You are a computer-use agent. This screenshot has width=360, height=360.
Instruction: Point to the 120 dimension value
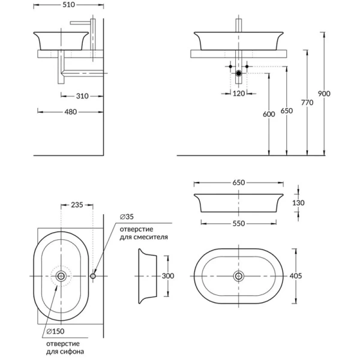click(239, 93)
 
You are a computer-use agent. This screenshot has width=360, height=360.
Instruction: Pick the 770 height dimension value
click(308, 103)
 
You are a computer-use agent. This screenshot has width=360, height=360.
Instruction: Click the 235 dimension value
click(77, 205)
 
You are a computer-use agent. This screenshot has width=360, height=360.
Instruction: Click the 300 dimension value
click(168, 275)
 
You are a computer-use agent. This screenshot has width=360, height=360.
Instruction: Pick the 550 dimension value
click(239, 222)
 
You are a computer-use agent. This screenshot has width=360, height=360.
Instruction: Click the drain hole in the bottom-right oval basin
click(239, 276)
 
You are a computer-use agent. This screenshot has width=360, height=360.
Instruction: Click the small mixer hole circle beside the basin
click(93, 276)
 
